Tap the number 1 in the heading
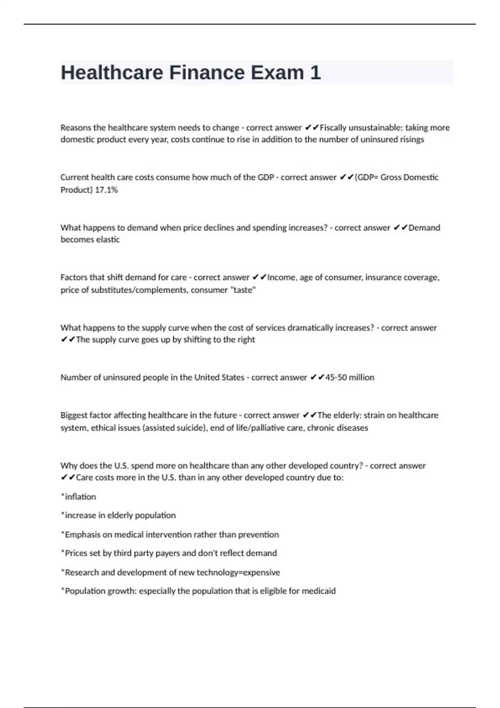[315, 72]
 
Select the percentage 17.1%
[107, 190]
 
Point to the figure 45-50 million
[350, 377]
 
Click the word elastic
[108, 239]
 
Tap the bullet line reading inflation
[79, 497]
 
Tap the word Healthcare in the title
[112, 72]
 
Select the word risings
[412, 140]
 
